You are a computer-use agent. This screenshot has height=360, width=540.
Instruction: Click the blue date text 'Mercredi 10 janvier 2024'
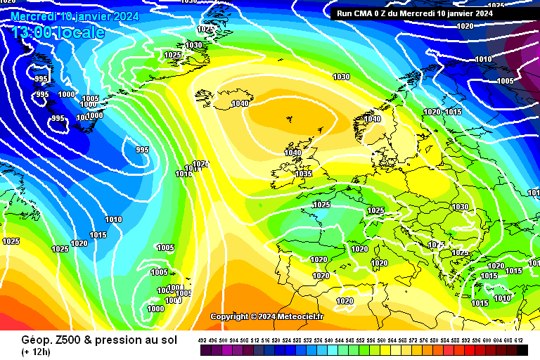pyautogui.click(x=75, y=15)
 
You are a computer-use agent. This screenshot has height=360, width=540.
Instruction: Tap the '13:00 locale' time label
pyautogui.click(x=58, y=32)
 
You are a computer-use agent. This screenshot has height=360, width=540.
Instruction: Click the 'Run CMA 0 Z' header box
pyautogui.click(x=415, y=13)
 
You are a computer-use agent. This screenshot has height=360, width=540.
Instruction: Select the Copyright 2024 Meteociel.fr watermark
pyautogui.click(x=267, y=316)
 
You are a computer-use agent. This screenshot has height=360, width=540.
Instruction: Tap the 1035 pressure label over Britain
pyautogui.click(x=304, y=174)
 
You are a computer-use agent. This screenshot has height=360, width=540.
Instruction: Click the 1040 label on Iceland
pyautogui.click(x=240, y=104)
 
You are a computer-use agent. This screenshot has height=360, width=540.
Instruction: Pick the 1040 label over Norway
pyautogui.click(x=373, y=120)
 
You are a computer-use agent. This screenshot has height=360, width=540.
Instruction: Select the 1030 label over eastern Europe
pyautogui.click(x=461, y=207)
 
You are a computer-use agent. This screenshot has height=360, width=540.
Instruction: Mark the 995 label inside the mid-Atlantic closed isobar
pyautogui.click(x=142, y=150)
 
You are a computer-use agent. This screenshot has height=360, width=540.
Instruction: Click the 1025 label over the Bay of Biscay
pyautogui.click(x=321, y=205)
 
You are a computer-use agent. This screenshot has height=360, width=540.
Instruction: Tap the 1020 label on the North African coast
pyautogui.click(x=345, y=301)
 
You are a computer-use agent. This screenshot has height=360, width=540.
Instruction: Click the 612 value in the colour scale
pyautogui.click(x=519, y=340)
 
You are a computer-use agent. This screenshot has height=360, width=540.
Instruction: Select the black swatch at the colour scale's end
pyautogui.click(x=522, y=349)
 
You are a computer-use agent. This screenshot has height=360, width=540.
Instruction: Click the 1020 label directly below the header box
pyautogui.click(x=465, y=26)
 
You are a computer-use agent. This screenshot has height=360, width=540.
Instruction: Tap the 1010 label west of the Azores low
pyautogui.click(x=113, y=220)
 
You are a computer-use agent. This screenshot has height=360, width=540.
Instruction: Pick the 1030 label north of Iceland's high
pyautogui.click(x=341, y=77)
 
